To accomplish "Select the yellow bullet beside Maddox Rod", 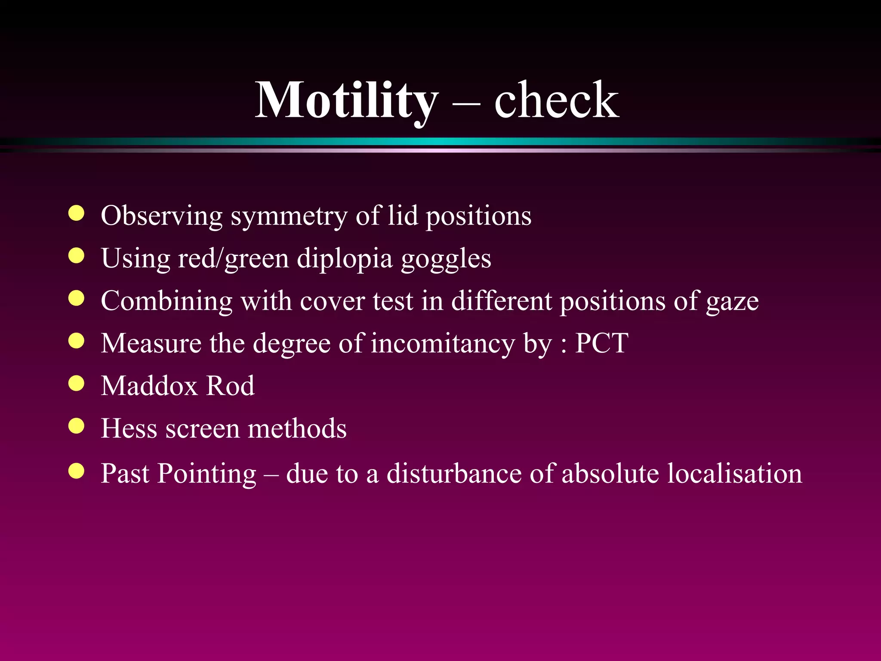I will click(77, 383).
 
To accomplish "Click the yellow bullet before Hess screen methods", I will click(77, 426).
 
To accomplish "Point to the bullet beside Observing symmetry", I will click(77, 213).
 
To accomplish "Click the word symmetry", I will click(289, 216).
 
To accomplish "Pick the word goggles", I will click(446, 259).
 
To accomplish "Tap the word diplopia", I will click(345, 259).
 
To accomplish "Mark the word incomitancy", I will click(443, 344).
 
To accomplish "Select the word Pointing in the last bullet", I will click(206, 473).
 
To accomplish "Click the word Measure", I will click(151, 343).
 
